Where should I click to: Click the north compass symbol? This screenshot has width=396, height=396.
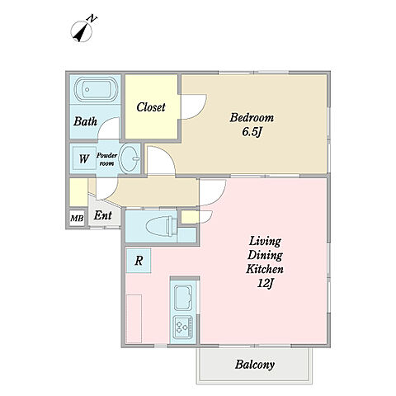tap(81, 31)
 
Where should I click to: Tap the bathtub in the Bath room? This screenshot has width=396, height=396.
tap(96, 89)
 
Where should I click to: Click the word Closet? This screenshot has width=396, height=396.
tap(151, 107)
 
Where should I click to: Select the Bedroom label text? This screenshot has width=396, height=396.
tap(252, 118)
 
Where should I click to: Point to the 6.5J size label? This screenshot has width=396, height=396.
tap(251, 132)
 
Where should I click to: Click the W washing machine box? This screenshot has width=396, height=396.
tap(84, 158)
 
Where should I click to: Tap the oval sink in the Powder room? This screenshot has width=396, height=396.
tap(130, 159)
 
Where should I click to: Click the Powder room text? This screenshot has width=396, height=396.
tap(106, 159)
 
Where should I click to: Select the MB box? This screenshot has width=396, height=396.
tap(77, 219)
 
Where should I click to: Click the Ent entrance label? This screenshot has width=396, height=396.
tap(103, 215)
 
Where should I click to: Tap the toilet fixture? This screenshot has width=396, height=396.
tap(162, 226)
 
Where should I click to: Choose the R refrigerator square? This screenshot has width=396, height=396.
tap(139, 261)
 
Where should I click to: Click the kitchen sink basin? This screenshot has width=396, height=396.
tap(183, 298)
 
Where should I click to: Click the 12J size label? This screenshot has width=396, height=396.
tap(265, 283)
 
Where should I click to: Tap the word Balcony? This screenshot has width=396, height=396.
tap(255, 365)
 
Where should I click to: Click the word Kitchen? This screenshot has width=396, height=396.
tap(265, 269)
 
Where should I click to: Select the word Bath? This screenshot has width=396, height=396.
tap(85, 121)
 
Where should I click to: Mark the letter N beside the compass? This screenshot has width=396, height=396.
tap(92, 19)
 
